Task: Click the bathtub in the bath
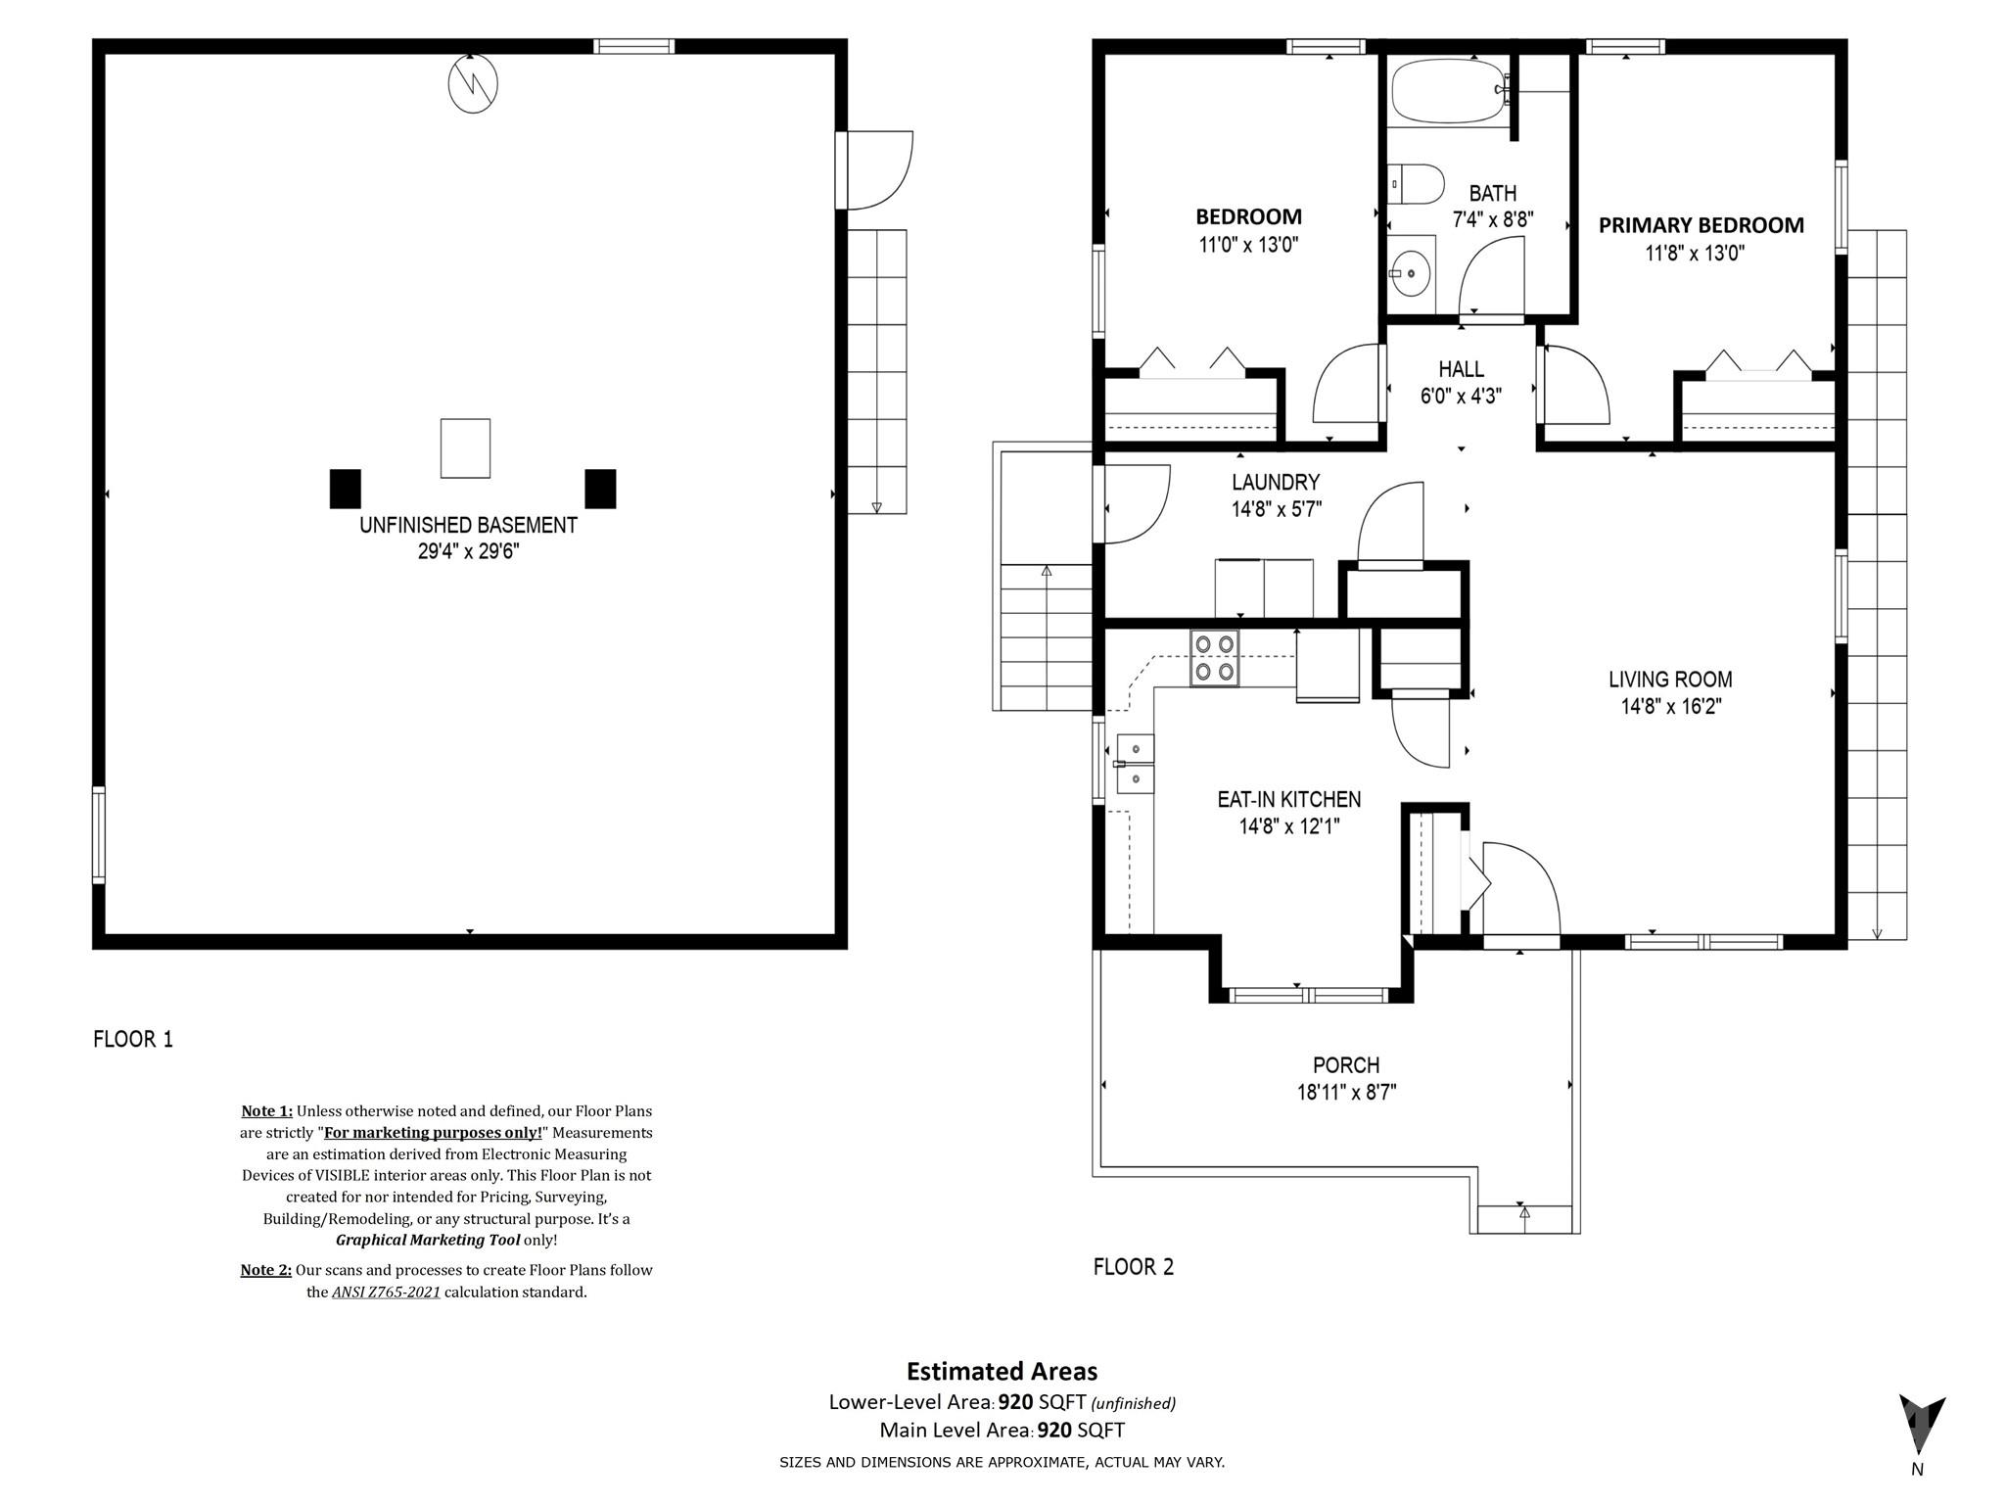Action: tap(1447, 91)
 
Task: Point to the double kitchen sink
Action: tap(1135, 764)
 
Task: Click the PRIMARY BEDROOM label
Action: tap(1701, 225)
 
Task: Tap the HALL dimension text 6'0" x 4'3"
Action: tap(1461, 396)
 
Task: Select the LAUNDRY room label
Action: tap(1276, 482)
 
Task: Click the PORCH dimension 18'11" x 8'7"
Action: tap(1346, 1092)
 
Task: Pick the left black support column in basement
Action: tap(345, 489)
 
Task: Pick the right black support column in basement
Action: tap(600, 489)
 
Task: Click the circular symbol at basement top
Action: tap(473, 83)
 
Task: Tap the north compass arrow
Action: tap(1921, 1426)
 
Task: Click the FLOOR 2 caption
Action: tap(1133, 1267)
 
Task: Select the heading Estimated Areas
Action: tap(1002, 1371)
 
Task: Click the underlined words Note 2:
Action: tap(266, 1270)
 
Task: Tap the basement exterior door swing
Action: tap(876, 170)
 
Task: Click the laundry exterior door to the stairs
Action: tap(1136, 503)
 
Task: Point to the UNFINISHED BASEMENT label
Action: tap(468, 525)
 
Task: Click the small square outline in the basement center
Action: tap(465, 448)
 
